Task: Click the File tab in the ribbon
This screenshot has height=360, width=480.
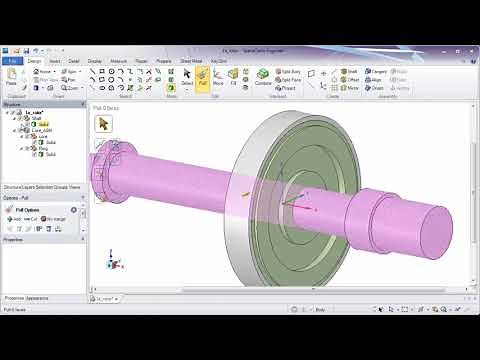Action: (13, 60)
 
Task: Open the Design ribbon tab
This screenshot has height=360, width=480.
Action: (34, 60)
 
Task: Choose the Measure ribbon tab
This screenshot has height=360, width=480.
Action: (119, 60)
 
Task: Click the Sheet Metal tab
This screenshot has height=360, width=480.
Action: (190, 60)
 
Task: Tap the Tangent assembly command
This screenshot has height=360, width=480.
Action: (378, 72)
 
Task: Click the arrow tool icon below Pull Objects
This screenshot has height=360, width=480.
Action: (104, 123)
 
